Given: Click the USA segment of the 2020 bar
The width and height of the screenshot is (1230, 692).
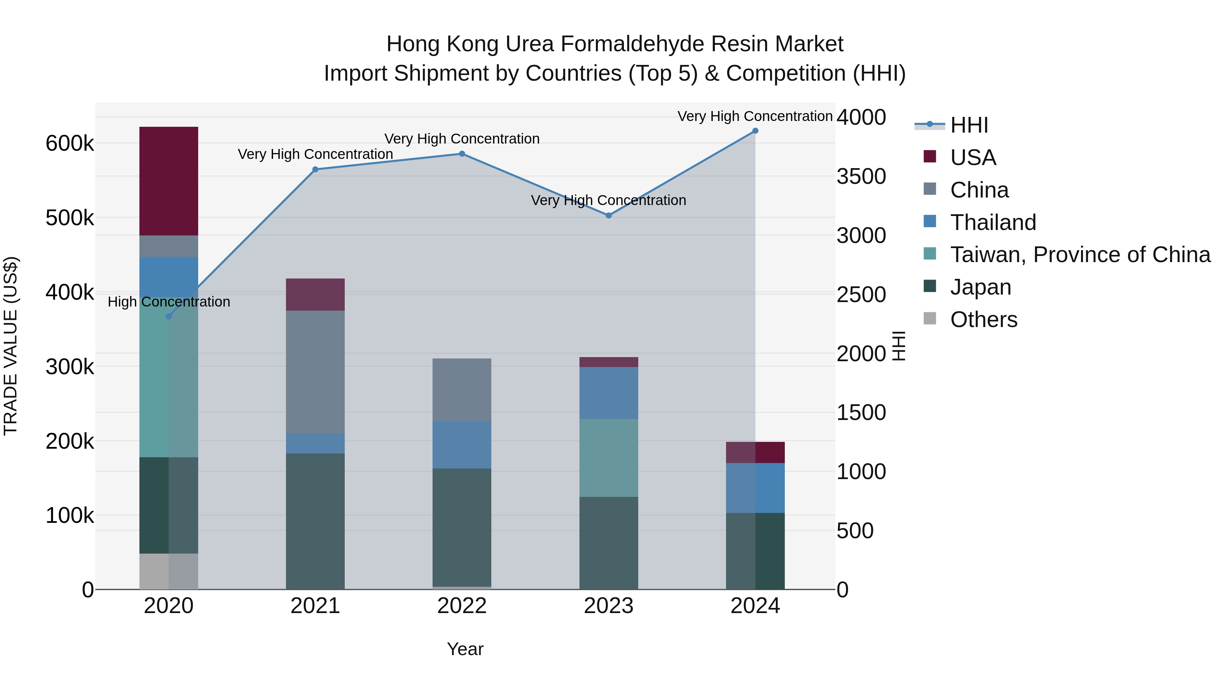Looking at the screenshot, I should pyautogui.click(x=168, y=181).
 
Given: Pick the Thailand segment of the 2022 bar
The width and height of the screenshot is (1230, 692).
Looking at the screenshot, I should pyautogui.click(x=462, y=444).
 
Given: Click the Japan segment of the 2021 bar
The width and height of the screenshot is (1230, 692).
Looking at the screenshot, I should pyautogui.click(x=315, y=520).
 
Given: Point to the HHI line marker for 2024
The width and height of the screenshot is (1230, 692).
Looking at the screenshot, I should pyautogui.click(x=755, y=131).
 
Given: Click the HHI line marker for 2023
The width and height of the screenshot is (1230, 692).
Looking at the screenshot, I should pyautogui.click(x=608, y=215).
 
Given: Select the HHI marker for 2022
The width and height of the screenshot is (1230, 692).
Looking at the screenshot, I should pyautogui.click(x=462, y=154).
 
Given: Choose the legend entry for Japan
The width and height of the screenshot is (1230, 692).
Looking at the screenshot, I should pyautogui.click(x=980, y=287).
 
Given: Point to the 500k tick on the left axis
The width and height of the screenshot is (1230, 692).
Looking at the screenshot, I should pyautogui.click(x=70, y=218).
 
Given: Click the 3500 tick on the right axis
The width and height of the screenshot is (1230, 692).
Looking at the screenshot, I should pyautogui.click(x=861, y=176).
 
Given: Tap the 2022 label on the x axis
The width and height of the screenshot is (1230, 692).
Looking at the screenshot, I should pyautogui.click(x=462, y=606).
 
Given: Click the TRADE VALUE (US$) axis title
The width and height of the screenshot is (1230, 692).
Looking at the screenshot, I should pyautogui.click(x=11, y=346).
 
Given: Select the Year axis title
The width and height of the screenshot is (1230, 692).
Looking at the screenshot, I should pyautogui.click(x=465, y=649).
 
